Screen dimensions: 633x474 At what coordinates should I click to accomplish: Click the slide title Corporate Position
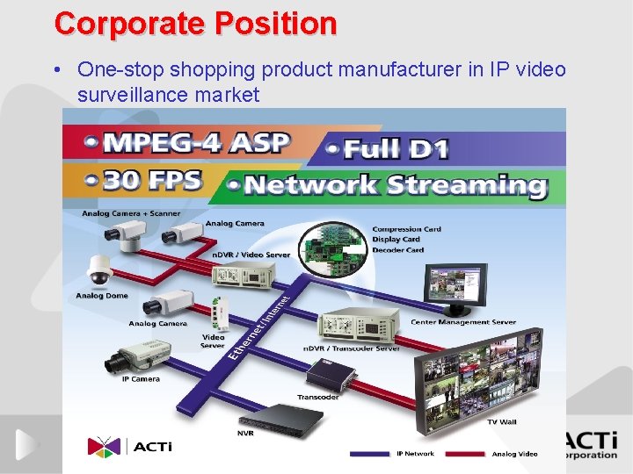(195, 23)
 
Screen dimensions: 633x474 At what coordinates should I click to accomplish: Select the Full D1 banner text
(395, 149)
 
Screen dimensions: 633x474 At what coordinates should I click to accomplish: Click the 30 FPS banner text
(154, 181)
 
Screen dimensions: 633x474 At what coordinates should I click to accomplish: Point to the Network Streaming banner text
(394, 185)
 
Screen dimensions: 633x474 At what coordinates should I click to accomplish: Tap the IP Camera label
(141, 379)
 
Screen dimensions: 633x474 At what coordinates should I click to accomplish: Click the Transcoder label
(317, 396)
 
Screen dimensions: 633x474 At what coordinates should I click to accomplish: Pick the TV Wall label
(503, 422)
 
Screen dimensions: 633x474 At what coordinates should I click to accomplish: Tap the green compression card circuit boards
(332, 247)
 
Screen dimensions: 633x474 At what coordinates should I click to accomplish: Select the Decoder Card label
(398, 250)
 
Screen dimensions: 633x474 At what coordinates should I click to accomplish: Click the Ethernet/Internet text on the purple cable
(264, 325)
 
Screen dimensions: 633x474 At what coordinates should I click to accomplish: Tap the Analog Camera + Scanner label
(131, 213)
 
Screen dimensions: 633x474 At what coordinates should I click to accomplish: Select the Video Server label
(213, 341)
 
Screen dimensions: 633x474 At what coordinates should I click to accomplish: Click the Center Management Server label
(463, 322)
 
